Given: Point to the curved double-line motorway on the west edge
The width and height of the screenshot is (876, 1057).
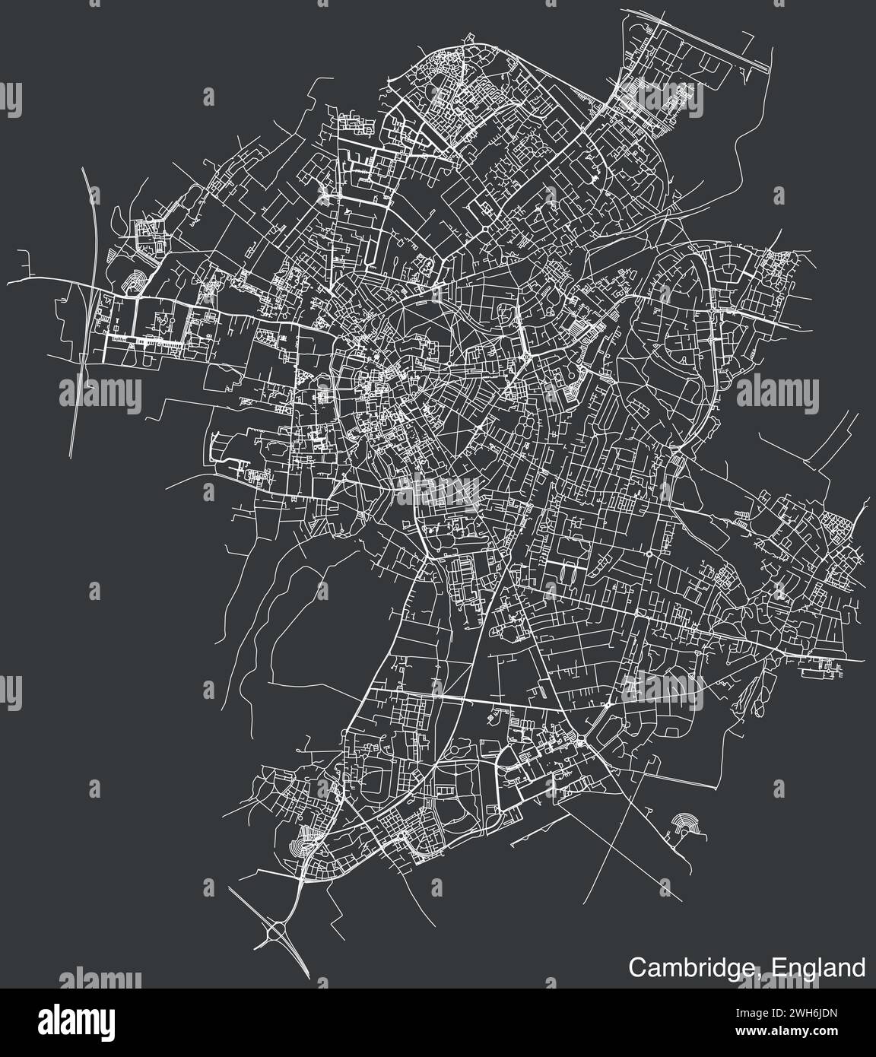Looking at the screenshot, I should (x=87, y=304).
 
